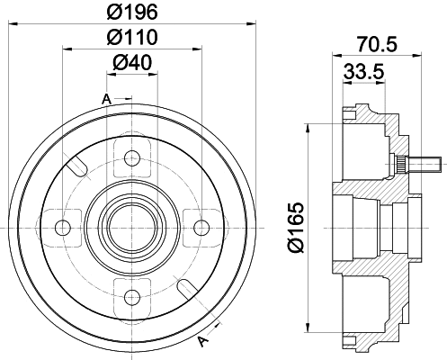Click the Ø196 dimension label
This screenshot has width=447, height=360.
click(x=132, y=13)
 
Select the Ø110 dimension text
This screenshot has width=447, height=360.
click(x=132, y=37)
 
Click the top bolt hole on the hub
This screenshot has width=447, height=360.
click(x=132, y=159)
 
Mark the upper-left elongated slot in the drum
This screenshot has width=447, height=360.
click(x=77, y=166)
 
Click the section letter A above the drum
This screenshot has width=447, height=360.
click(x=107, y=97)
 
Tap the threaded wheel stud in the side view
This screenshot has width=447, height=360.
click(x=424, y=165)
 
